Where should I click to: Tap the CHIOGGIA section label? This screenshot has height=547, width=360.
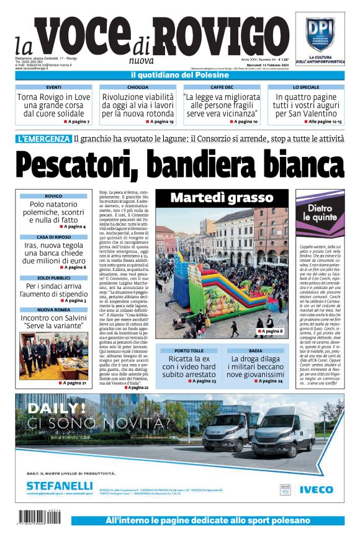(x=138, y=87)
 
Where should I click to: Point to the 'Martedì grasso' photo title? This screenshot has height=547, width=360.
(x=222, y=198)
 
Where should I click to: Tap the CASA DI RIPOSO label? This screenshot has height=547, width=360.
(x=53, y=237)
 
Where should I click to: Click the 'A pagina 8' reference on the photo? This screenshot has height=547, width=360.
(x=271, y=332)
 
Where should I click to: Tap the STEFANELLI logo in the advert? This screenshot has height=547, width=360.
(x=60, y=486)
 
